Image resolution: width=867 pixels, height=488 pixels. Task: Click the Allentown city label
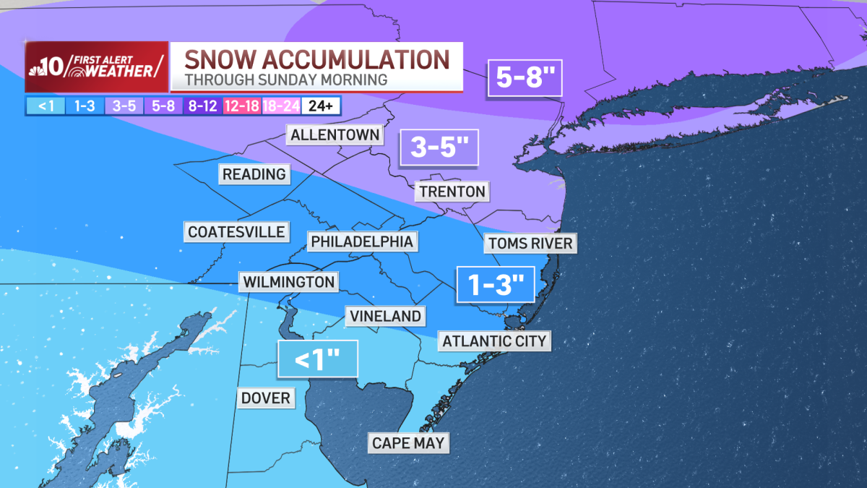(335, 135)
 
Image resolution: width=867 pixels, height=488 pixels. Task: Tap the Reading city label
(254, 174)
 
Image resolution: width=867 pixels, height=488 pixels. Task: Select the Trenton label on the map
(451, 192)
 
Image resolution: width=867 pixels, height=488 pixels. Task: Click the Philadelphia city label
(362, 241)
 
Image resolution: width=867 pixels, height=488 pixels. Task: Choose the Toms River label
(530, 243)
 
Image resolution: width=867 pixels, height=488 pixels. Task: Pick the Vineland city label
(385, 316)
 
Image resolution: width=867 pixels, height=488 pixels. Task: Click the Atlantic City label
(495, 341)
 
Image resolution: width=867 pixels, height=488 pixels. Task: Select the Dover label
(265, 398)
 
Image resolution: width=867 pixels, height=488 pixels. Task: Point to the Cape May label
(408, 442)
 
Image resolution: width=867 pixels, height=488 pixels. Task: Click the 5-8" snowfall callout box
(525, 77)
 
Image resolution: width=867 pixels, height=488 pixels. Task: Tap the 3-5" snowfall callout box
(439, 148)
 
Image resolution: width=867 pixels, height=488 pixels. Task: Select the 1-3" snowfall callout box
(495, 285)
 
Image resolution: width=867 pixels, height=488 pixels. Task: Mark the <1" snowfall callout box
(318, 359)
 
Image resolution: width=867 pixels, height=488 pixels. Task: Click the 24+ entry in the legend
(321, 106)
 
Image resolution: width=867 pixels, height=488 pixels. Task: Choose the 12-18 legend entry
(243, 106)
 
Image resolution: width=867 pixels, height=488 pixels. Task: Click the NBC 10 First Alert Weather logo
(97, 67)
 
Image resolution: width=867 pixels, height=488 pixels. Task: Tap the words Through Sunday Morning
(285, 79)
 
